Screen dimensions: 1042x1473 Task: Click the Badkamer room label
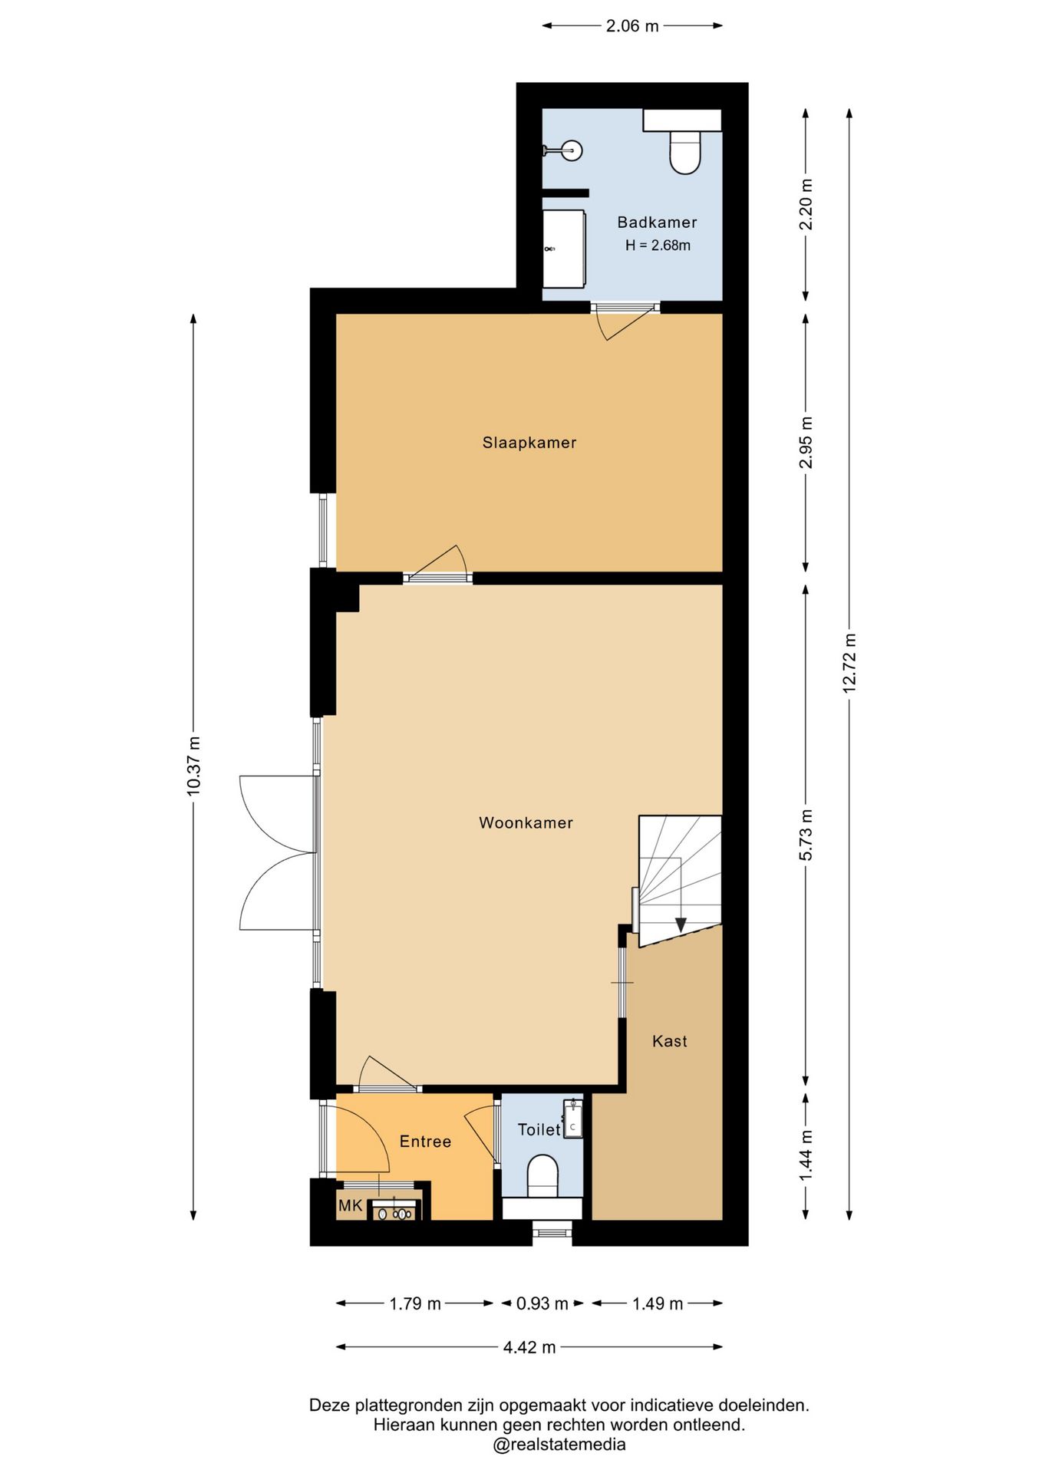click(657, 222)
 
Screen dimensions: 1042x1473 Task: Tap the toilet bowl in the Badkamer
click(684, 152)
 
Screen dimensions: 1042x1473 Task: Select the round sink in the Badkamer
click(570, 150)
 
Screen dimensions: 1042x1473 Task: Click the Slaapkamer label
click(529, 443)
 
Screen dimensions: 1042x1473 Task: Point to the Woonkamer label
click(526, 823)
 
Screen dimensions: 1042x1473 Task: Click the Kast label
click(670, 1041)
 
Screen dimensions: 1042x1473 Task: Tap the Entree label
click(425, 1142)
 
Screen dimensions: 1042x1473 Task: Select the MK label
click(350, 1206)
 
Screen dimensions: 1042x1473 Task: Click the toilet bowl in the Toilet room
click(542, 1176)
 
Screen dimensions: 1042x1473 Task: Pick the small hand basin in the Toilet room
click(573, 1119)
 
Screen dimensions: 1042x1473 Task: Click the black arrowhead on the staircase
click(680, 925)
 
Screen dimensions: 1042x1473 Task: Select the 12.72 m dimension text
click(849, 664)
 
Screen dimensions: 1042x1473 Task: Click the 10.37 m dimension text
click(193, 766)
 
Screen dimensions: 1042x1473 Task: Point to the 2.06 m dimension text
click(632, 26)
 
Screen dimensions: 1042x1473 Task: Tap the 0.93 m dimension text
click(542, 1303)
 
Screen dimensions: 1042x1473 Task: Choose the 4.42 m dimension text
click(529, 1347)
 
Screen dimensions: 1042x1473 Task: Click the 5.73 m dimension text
click(806, 835)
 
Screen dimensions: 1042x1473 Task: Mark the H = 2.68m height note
click(658, 245)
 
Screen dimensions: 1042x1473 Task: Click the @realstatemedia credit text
click(559, 1445)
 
